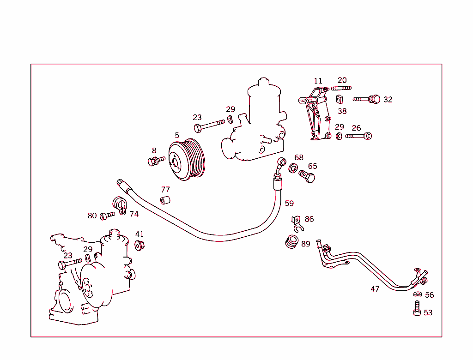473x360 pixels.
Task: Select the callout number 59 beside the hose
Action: tap(289, 203)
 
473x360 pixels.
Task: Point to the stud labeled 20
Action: tap(341, 88)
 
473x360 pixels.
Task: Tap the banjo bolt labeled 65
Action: tap(307, 176)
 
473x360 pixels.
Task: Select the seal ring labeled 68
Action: tap(293, 168)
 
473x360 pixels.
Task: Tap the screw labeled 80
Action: tap(107, 215)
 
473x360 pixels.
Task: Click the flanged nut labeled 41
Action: tap(139, 245)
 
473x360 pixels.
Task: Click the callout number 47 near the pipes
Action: tap(375, 289)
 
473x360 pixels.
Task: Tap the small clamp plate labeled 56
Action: tap(417, 294)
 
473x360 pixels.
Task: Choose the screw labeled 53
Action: tap(417, 309)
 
